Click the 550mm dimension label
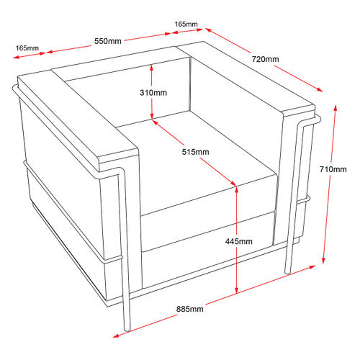pos(108,41)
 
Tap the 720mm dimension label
pos(265,59)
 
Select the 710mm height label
pos(333,169)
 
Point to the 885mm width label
pos(190,309)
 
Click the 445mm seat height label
pos(239,241)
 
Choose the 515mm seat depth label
pos(195,152)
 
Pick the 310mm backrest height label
pos(153,92)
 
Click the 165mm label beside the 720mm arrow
pos(186,24)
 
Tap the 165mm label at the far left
pos(27,48)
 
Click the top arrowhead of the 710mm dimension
pos(336,107)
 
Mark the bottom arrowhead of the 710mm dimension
pos(323,261)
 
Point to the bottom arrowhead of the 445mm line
pos(236,290)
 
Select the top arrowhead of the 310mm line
pos(151,68)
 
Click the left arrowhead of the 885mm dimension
pos(116,336)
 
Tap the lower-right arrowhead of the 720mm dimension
pos(320,89)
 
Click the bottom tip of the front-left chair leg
pos(127,330)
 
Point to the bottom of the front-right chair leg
pos(288,273)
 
